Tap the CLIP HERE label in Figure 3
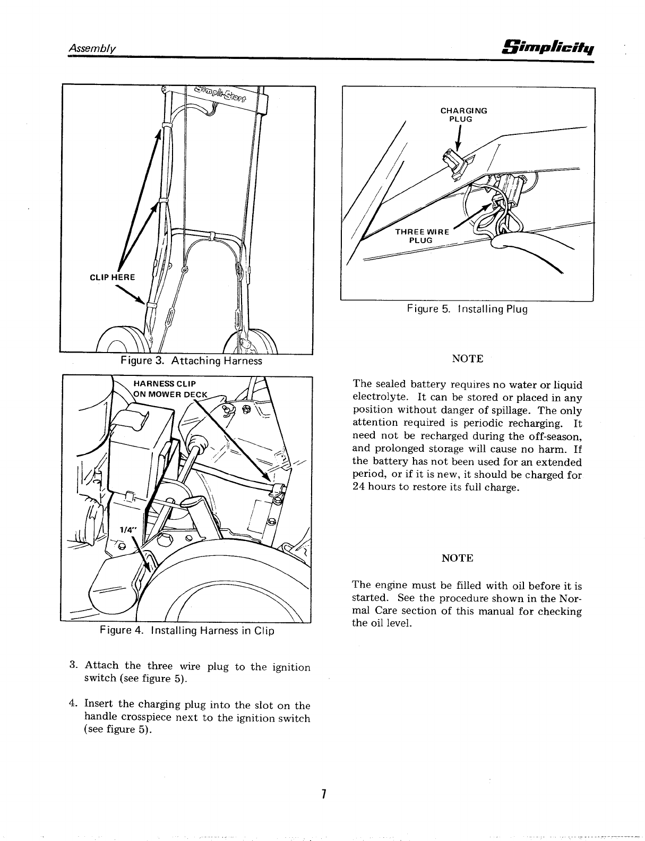tap(112, 277)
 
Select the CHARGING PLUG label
tap(463, 115)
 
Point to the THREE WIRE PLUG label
tap(423, 236)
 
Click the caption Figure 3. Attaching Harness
tap(191, 361)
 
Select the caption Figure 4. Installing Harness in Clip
tap(186, 631)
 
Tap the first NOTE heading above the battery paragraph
tap(467, 359)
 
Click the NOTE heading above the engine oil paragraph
tap(457, 558)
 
